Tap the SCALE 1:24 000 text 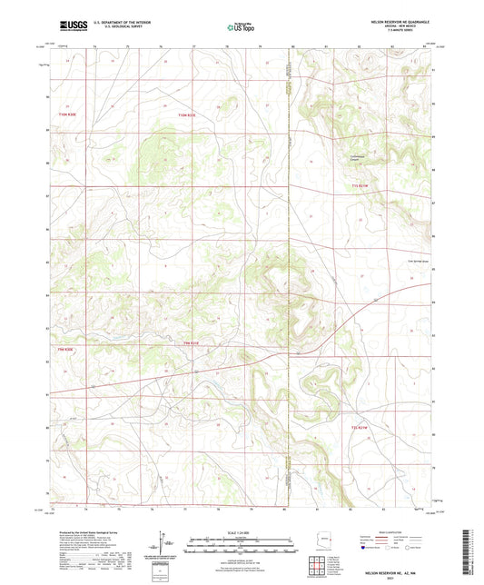coord(242,531)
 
